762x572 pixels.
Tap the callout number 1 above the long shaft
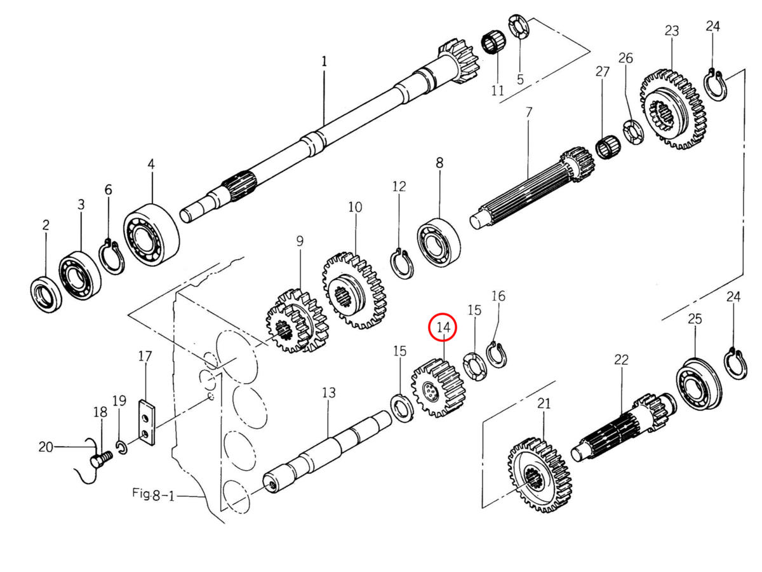(324, 62)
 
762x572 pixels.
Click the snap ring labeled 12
(401, 264)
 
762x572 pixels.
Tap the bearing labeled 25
(699, 384)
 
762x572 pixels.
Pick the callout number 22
(620, 360)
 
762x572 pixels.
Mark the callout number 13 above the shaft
(328, 393)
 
